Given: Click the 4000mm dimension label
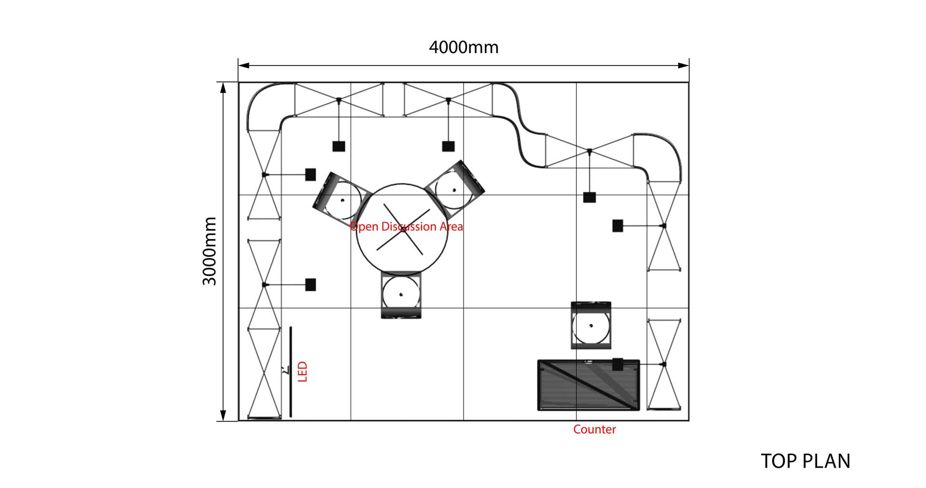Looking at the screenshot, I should (463, 47).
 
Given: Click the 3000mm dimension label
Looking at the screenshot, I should (209, 251).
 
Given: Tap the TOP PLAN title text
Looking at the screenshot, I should (805, 461).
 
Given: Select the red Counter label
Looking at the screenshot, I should (594, 429).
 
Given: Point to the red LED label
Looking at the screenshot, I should (303, 372).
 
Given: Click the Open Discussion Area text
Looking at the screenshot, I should (406, 227).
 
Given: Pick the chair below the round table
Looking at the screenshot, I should (401, 295).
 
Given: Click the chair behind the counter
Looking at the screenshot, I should (591, 325).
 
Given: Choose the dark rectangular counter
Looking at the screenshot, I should (588, 385).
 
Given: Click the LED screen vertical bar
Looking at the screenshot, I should (290, 371).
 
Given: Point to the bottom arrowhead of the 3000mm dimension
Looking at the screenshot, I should (223, 415).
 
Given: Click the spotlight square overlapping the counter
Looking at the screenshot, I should (617, 365).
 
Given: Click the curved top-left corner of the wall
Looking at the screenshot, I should (263, 101).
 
